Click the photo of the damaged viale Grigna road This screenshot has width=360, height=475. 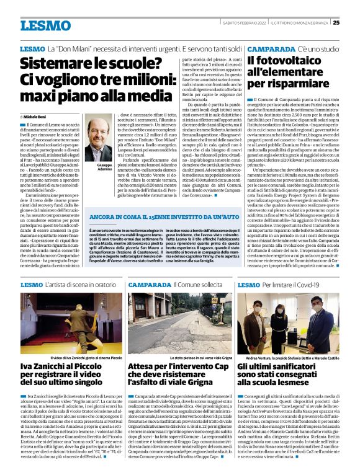[x=179, y=329]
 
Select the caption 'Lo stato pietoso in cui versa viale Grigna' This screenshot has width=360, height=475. [x=179, y=358]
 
